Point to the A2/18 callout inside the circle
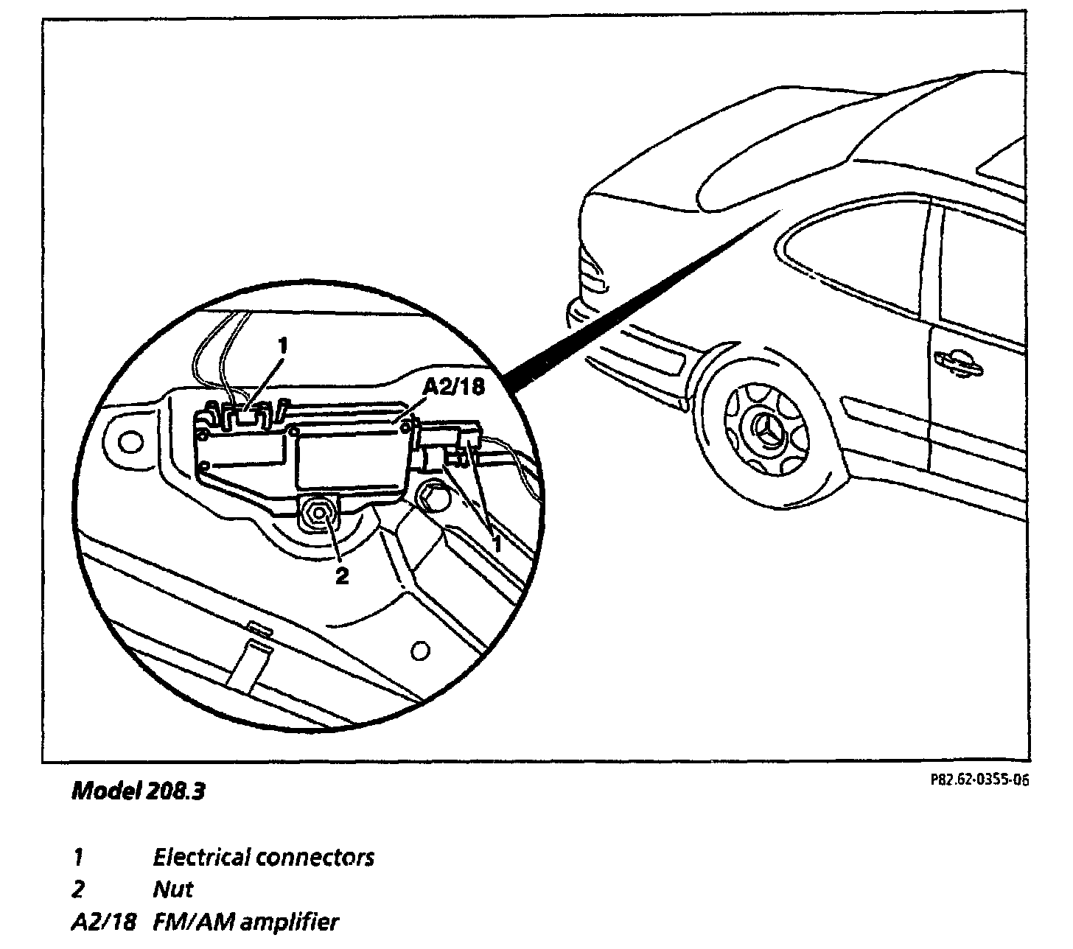(454, 388)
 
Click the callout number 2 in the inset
(341, 575)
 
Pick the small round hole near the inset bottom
(419, 651)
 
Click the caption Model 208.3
(138, 792)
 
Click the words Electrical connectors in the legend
(263, 858)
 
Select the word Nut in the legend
(172, 890)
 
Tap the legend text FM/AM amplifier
(245, 922)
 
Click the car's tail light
(593, 273)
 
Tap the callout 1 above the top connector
(282, 345)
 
